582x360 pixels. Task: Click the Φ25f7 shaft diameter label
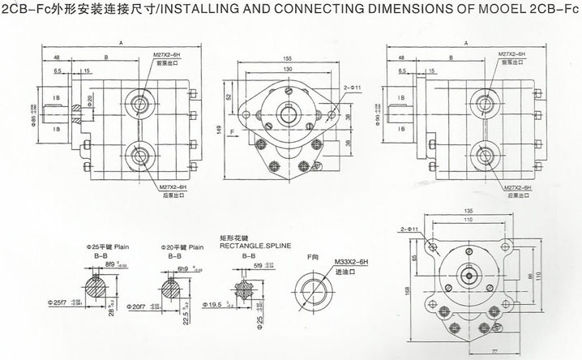click(x=62, y=302)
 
